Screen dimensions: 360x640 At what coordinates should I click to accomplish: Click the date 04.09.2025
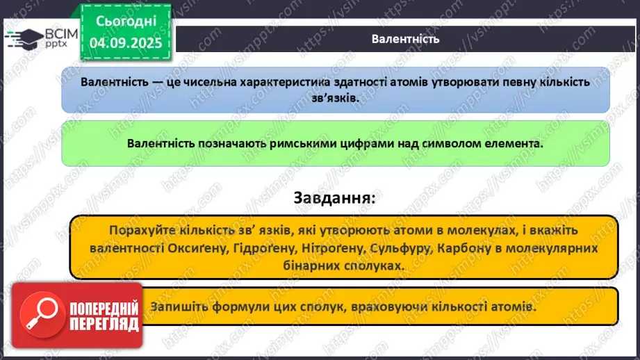pyautogui.click(x=124, y=43)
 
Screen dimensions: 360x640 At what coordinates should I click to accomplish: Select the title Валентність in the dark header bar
pyautogui.click(x=405, y=38)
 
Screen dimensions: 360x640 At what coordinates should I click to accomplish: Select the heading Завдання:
pyautogui.click(x=334, y=197)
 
